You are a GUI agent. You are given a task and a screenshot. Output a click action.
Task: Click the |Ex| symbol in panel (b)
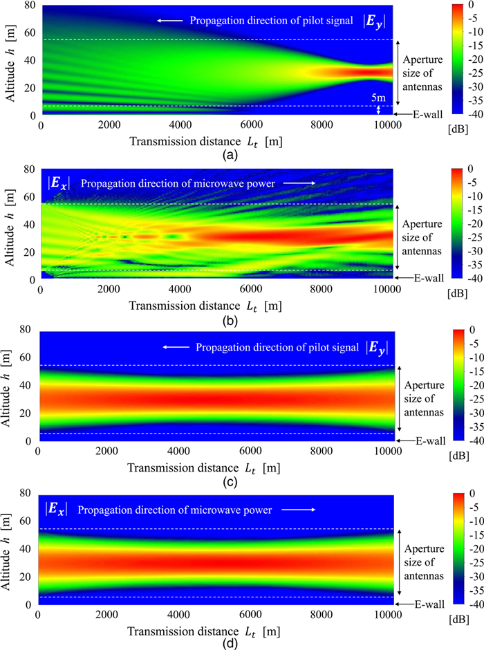58,184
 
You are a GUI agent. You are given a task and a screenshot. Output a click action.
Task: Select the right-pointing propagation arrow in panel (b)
302,183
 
